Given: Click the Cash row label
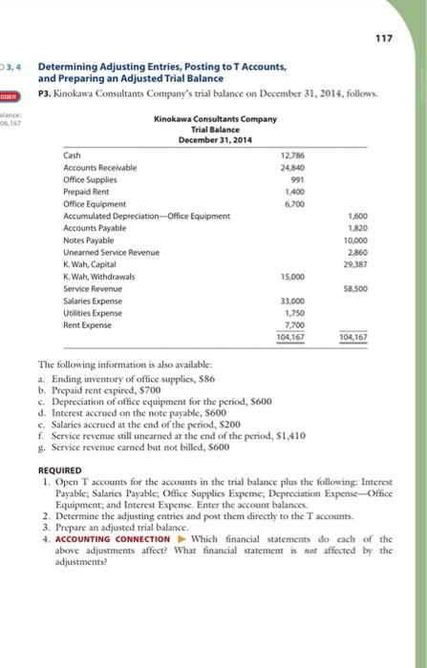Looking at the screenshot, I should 72,155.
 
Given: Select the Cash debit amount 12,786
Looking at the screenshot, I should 294,155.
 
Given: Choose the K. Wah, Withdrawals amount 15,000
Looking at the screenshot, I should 294,276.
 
